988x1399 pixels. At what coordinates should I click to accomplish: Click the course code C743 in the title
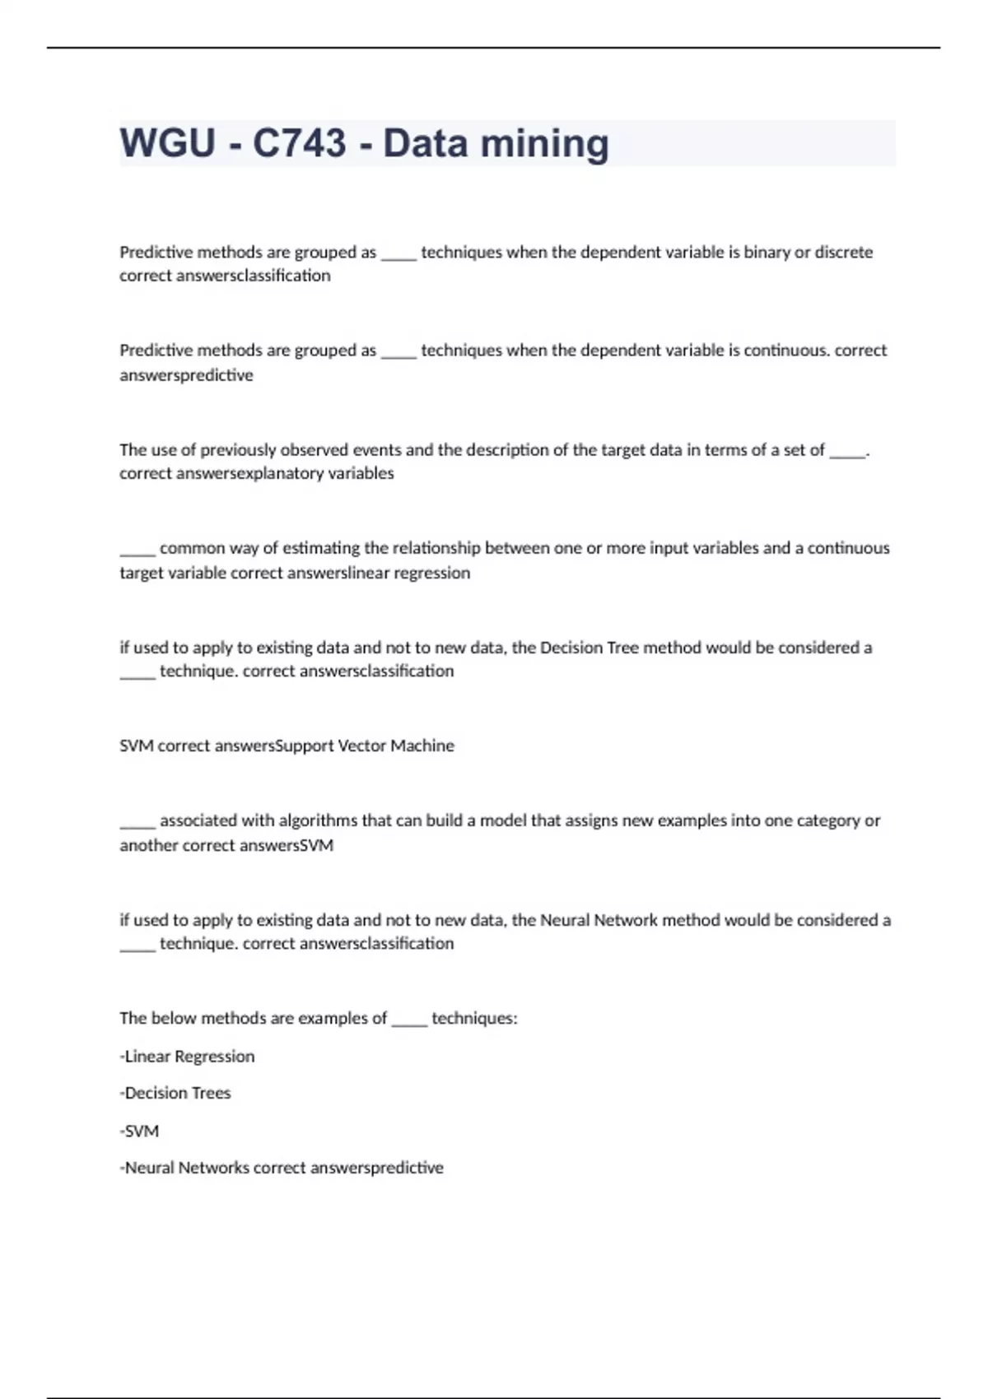click(299, 143)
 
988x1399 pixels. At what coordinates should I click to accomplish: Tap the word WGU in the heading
click(167, 143)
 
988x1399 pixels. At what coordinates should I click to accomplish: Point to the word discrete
click(843, 252)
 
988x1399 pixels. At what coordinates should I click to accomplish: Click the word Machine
click(422, 746)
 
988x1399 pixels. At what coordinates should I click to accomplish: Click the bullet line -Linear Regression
click(187, 1057)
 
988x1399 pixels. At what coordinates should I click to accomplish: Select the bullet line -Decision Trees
click(175, 1093)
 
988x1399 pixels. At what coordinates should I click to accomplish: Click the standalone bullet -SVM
click(139, 1131)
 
